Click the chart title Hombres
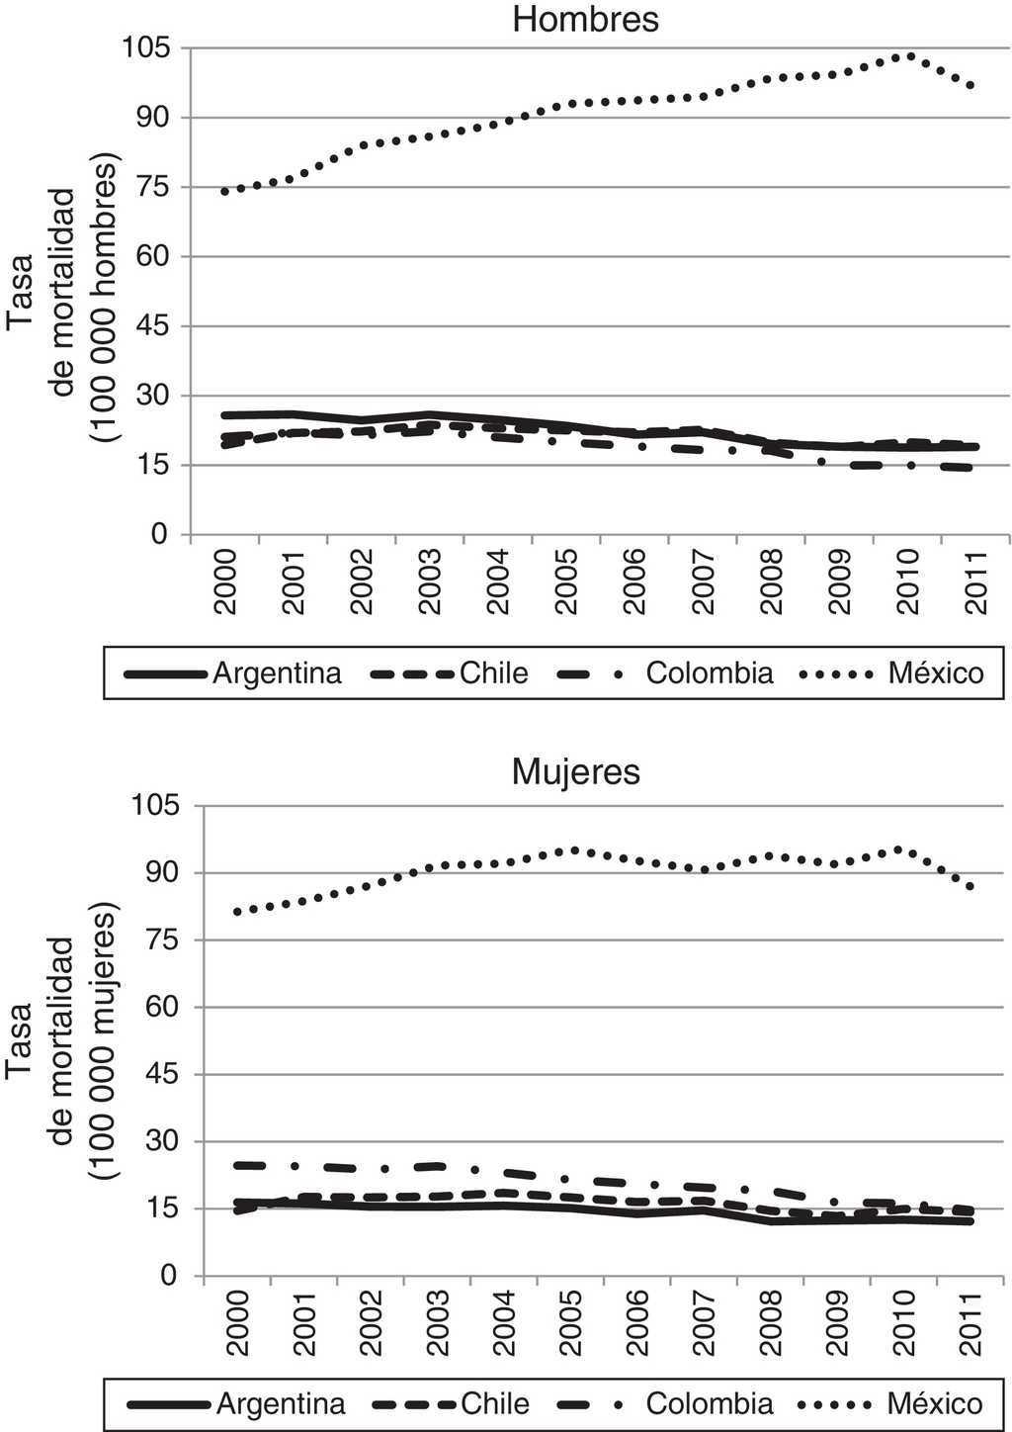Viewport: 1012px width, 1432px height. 586,19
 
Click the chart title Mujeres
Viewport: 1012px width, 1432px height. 576,771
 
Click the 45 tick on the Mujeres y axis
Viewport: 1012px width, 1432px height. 158,1074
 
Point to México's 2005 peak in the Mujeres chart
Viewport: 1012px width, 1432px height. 574,850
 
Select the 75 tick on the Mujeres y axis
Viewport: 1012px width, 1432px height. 158,940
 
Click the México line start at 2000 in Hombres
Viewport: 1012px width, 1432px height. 225,191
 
